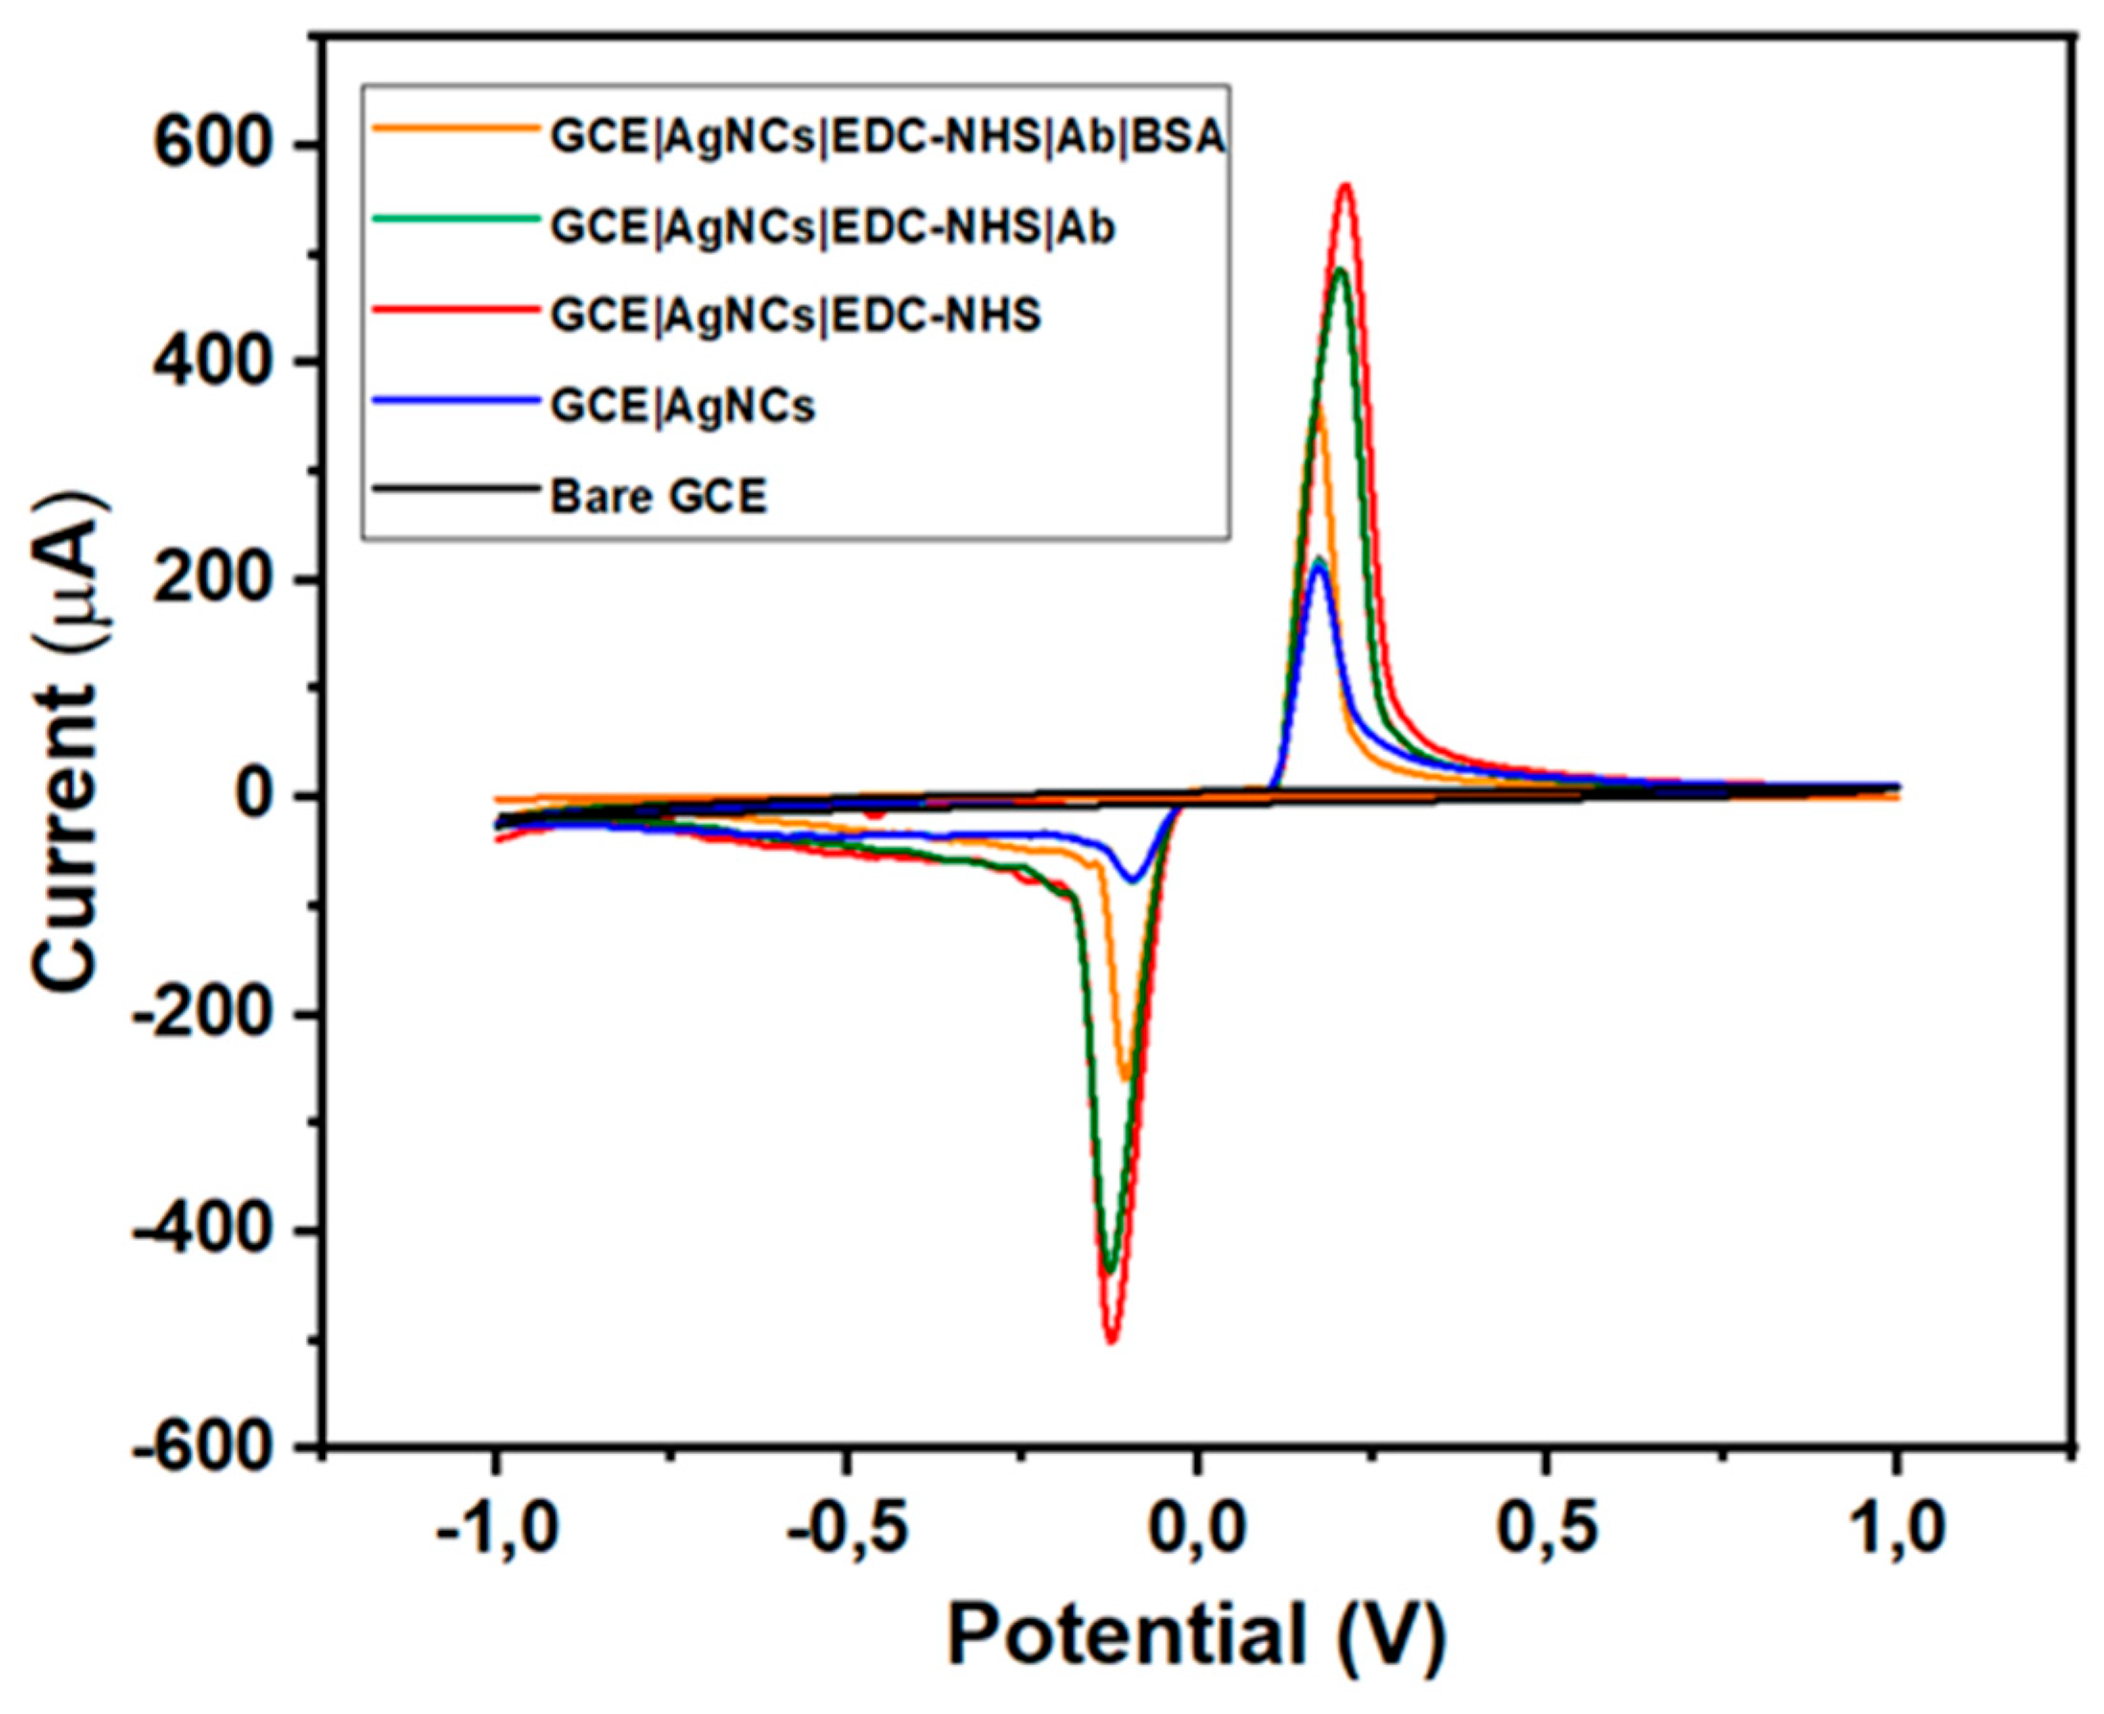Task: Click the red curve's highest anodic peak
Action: click(x=1344, y=186)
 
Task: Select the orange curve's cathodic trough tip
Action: click(x=1125, y=1078)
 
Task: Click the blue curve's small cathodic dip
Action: click(x=1133, y=880)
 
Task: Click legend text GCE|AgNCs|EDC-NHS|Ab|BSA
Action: click(x=888, y=138)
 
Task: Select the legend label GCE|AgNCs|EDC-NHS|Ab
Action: click(x=832, y=227)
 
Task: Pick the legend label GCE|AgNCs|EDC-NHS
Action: click(x=796, y=316)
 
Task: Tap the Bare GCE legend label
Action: click(x=658, y=497)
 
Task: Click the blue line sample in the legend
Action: click(x=456, y=400)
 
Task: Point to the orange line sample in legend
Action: click(x=456, y=127)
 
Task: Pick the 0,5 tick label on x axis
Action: click(x=1546, y=1531)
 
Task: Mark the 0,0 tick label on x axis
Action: click(x=1197, y=1531)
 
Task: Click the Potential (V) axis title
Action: click(x=1197, y=1634)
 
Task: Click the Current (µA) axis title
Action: click(x=69, y=742)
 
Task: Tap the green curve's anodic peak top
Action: click(x=1340, y=270)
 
